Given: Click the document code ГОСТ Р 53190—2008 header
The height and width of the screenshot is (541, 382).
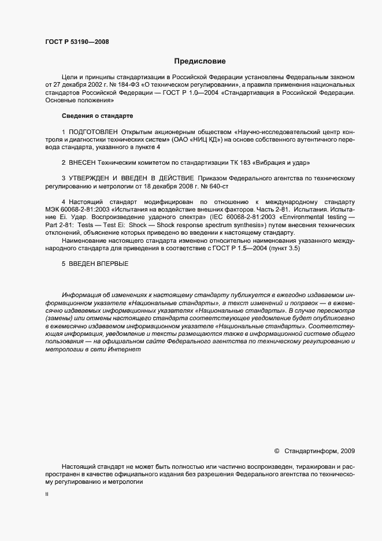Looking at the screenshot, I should point(76,41).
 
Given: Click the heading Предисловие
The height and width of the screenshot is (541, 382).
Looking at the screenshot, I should point(199,61).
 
